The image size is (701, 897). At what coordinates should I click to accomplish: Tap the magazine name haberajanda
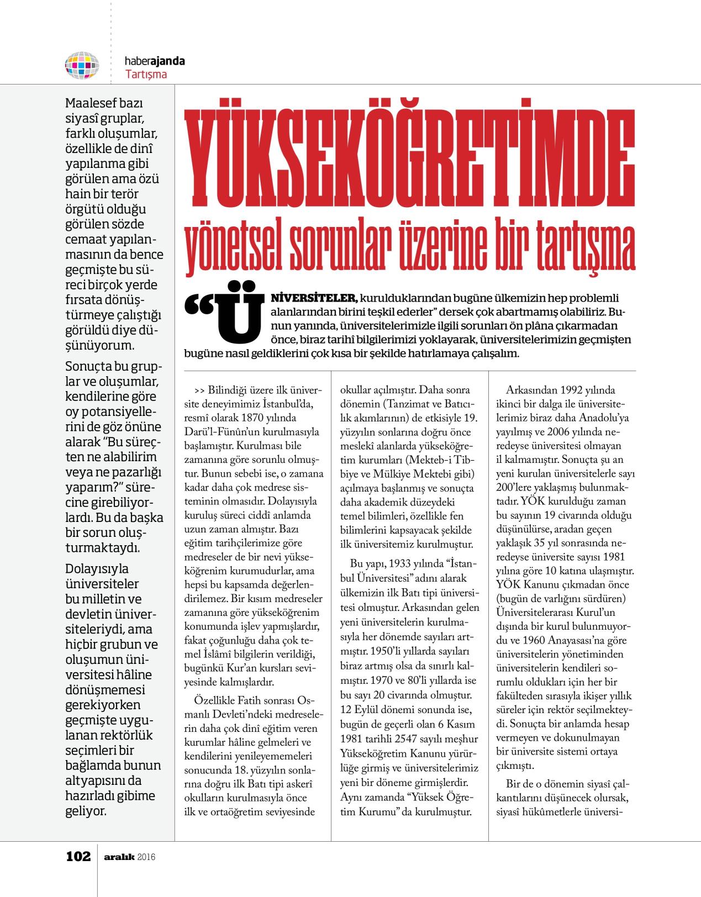coord(155,61)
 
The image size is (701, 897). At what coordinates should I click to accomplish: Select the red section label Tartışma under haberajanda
coord(146,74)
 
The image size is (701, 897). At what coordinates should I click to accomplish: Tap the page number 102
coord(78,857)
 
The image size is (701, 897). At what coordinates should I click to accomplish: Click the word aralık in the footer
coord(119,857)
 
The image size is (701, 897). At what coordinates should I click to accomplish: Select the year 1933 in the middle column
coord(402,564)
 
